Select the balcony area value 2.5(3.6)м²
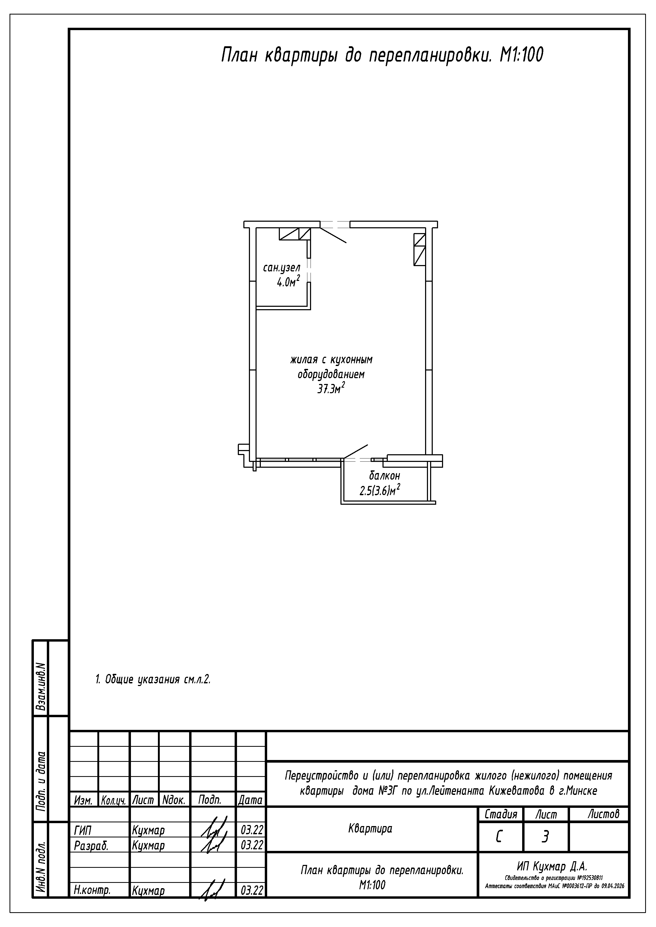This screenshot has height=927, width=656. (x=380, y=490)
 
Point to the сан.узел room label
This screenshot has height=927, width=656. (x=282, y=268)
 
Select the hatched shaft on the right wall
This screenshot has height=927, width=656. (x=419, y=249)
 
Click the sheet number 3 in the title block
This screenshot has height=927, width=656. (x=545, y=837)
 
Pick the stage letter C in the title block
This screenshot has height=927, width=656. (x=499, y=837)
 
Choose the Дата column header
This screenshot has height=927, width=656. (x=250, y=800)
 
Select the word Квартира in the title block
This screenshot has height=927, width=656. (x=370, y=829)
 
